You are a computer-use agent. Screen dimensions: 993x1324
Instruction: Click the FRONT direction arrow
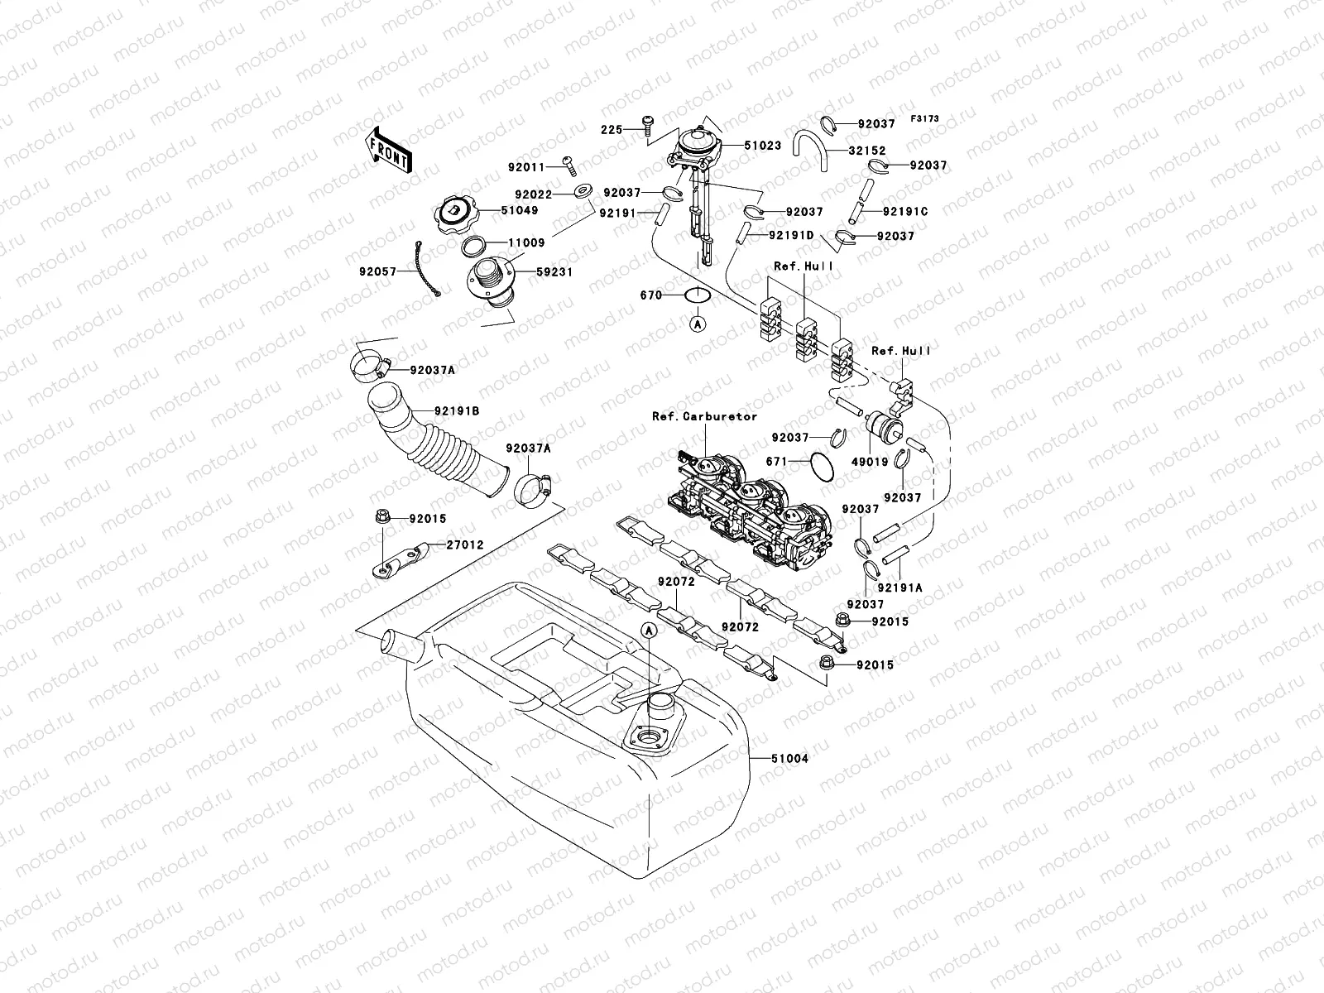[x=387, y=150]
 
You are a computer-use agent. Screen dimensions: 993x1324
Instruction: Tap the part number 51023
[x=762, y=146]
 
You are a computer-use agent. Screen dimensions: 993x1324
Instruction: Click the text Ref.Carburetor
[x=704, y=416]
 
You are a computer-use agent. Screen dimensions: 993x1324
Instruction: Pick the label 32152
[x=866, y=151]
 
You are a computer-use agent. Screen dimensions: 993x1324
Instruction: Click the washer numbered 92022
[x=583, y=194]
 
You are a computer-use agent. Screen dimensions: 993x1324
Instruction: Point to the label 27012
[x=465, y=545]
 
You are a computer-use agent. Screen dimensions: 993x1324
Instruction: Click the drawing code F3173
[x=925, y=119]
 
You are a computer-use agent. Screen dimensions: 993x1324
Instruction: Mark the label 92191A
[x=900, y=588]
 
